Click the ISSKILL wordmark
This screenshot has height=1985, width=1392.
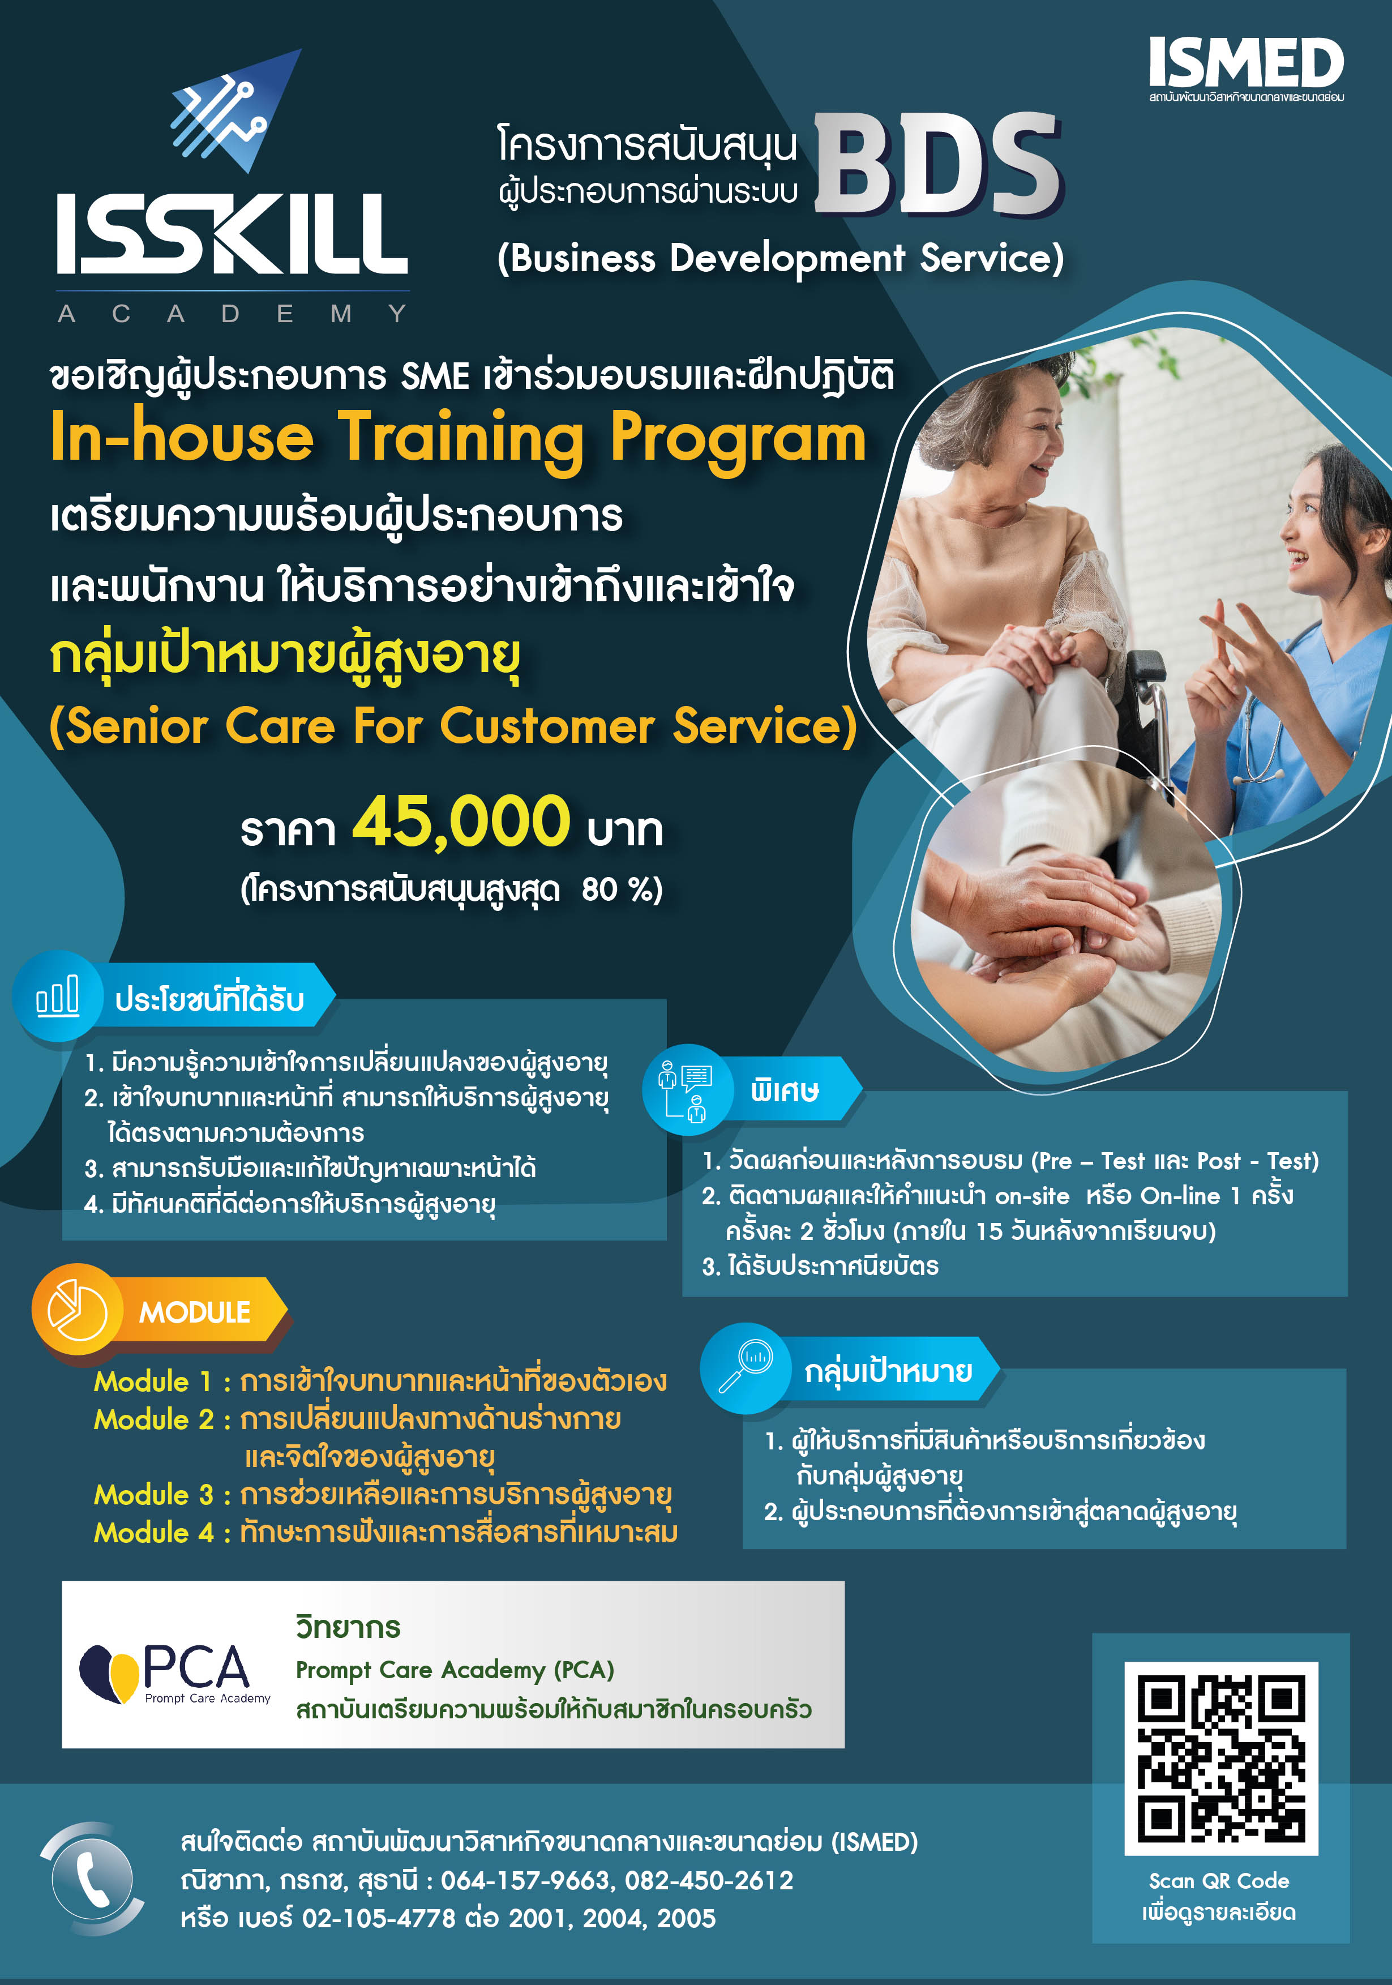point(232,233)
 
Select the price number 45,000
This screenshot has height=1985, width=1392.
point(461,822)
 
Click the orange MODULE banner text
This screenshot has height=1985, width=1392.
point(195,1311)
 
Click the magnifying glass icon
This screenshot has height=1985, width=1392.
point(746,1366)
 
